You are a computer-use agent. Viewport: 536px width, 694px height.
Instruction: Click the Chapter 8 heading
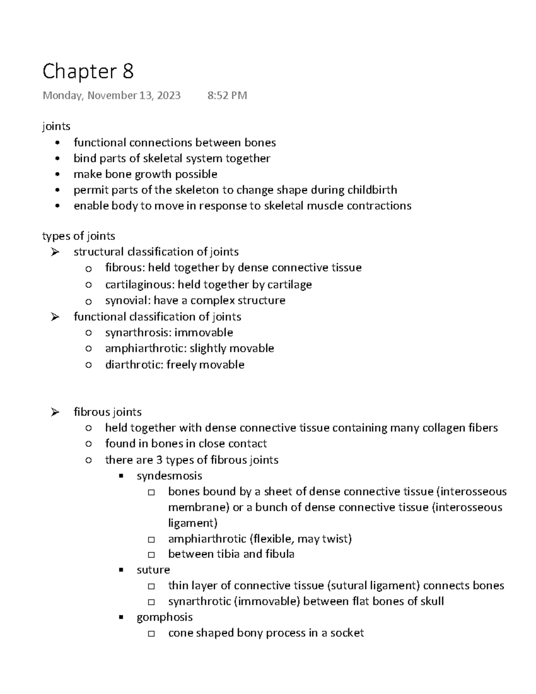pos(88,72)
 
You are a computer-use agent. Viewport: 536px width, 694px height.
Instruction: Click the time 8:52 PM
pos(227,96)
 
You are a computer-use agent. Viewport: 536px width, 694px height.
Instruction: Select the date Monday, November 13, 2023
pos(112,96)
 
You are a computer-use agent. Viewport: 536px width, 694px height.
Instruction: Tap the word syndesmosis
pos(169,475)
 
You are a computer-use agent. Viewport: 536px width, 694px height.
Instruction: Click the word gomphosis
pos(164,617)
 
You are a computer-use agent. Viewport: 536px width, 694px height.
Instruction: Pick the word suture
pos(153,570)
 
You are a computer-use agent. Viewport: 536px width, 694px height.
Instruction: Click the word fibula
pos(280,554)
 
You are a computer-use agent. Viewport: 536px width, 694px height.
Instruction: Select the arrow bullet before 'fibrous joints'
pos(55,412)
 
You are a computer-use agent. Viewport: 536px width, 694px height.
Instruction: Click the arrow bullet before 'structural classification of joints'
pos(55,252)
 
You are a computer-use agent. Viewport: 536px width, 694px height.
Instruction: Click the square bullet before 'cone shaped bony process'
pos(151,634)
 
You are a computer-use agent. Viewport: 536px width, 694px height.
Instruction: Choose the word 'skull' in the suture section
pos(431,601)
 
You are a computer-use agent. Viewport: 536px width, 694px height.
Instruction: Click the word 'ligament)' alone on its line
pos(193,523)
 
